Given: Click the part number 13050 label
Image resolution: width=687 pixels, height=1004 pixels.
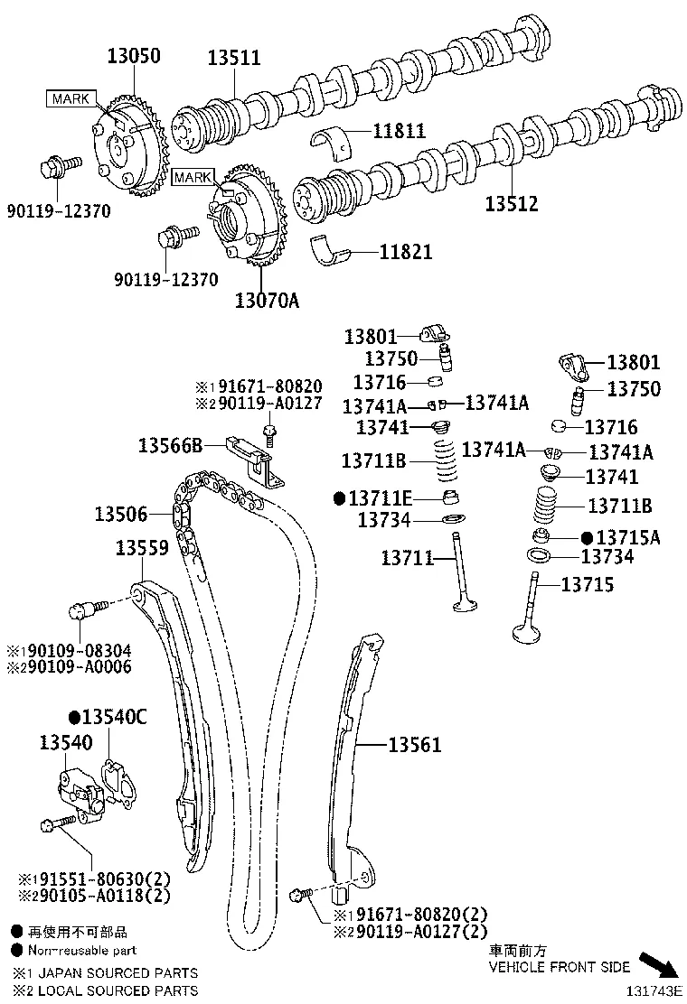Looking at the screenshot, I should pos(128,56).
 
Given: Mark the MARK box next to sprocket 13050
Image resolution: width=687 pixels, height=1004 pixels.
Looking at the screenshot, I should pos(70,98).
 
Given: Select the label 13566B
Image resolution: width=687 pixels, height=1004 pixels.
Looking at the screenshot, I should pos(169,445).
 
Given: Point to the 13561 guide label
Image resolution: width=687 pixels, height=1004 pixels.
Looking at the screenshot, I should pos(415,745).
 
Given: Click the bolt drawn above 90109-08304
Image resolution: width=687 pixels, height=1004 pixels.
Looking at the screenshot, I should pos(87,609).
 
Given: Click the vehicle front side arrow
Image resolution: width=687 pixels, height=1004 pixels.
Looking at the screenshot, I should pos(657,965).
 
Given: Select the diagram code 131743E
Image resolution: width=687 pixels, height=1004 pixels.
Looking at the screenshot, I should pos(654,990).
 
